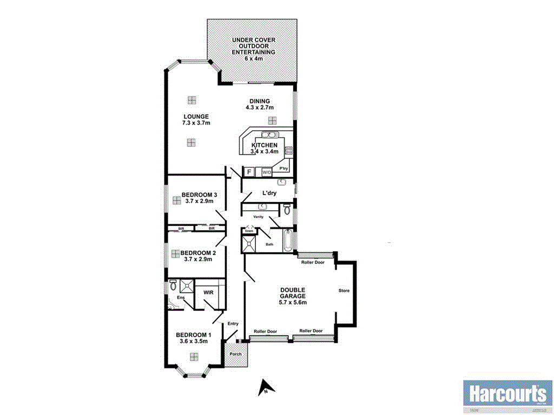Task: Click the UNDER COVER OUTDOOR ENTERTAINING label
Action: [x=253, y=49]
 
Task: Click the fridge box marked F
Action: [x=249, y=172]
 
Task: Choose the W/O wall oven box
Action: [x=266, y=172]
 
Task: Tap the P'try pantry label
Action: [x=283, y=169]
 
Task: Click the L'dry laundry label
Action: [x=269, y=193]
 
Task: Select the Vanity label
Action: [x=259, y=217]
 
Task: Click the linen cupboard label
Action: [x=249, y=231]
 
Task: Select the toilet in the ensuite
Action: [x=173, y=285]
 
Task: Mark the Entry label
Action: [x=233, y=324]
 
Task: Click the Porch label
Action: [x=235, y=354]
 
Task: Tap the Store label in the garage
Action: [x=344, y=291]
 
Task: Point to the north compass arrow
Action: [x=265, y=387]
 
